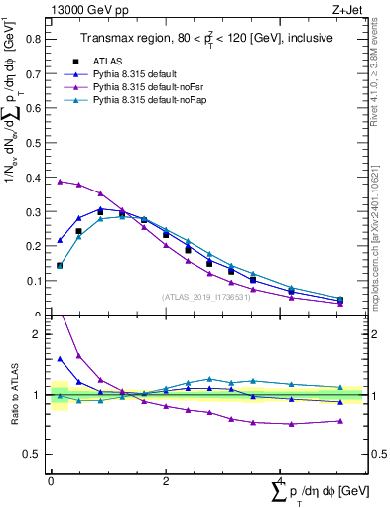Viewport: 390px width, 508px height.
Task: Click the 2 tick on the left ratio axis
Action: pyautogui.click(x=38, y=334)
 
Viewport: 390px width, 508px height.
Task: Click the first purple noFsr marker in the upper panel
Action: pyautogui.click(x=60, y=182)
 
